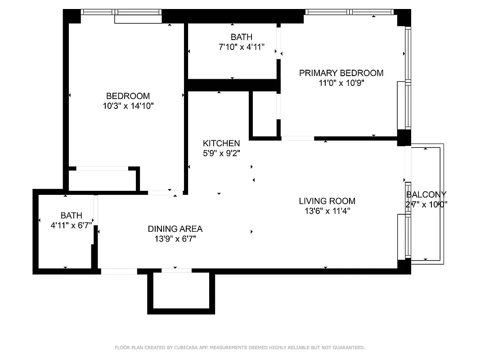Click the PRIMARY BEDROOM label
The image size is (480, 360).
[341, 73]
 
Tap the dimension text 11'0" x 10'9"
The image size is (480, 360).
[341, 83]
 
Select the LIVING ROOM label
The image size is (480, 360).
[327, 201]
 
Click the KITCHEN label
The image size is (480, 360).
[221, 143]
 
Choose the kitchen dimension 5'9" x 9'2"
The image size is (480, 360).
[221, 153]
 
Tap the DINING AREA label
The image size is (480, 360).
[175, 229]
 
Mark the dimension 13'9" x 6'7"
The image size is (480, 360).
[175, 238]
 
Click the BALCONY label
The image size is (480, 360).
[426, 194]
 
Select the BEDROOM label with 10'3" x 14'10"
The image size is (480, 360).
[128, 96]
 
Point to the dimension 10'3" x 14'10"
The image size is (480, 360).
[128, 106]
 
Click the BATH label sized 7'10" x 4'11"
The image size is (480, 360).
[242, 37]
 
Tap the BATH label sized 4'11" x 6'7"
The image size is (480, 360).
[72, 216]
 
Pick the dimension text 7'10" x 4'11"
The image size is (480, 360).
[242, 47]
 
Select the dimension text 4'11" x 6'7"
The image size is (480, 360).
[72, 225]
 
